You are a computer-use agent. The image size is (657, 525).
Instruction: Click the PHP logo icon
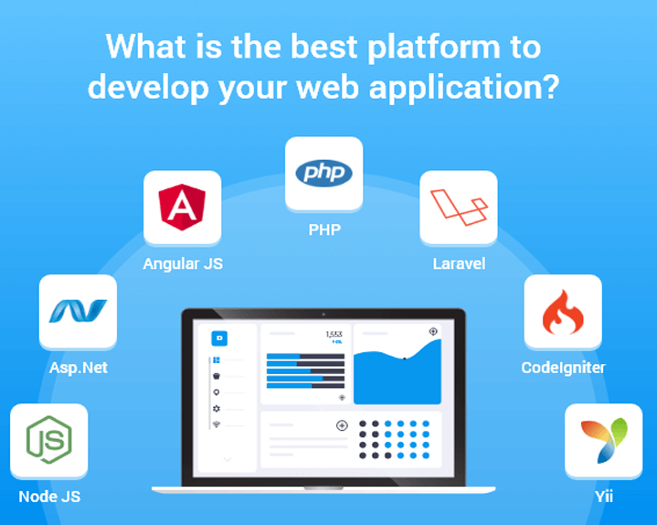click(323, 173)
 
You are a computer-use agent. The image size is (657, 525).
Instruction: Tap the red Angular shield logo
click(182, 207)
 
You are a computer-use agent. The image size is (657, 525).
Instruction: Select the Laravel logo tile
click(459, 207)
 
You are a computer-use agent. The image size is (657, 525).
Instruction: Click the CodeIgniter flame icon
click(563, 312)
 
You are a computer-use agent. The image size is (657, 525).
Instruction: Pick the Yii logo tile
click(603, 440)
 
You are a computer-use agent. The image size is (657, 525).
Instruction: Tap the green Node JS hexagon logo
click(49, 439)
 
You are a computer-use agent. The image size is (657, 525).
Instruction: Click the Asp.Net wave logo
click(78, 311)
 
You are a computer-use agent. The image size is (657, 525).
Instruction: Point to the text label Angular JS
click(183, 263)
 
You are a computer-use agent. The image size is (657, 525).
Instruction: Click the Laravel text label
click(459, 263)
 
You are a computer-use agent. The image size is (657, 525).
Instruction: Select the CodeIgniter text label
click(563, 368)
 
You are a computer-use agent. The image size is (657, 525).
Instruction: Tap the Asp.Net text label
click(79, 368)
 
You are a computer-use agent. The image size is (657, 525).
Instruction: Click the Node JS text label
click(49, 497)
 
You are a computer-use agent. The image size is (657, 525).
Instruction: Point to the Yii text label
click(604, 497)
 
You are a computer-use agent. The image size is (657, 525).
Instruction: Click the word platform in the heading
click(434, 48)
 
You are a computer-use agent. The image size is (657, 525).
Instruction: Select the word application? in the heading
click(464, 88)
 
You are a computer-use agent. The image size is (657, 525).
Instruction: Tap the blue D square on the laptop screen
click(219, 338)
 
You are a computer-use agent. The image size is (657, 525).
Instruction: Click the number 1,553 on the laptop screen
click(334, 334)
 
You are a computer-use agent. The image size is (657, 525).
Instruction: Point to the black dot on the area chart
click(404, 359)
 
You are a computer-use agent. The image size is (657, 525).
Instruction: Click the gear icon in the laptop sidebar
click(217, 409)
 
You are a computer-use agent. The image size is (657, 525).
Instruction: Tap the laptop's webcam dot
click(323, 314)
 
